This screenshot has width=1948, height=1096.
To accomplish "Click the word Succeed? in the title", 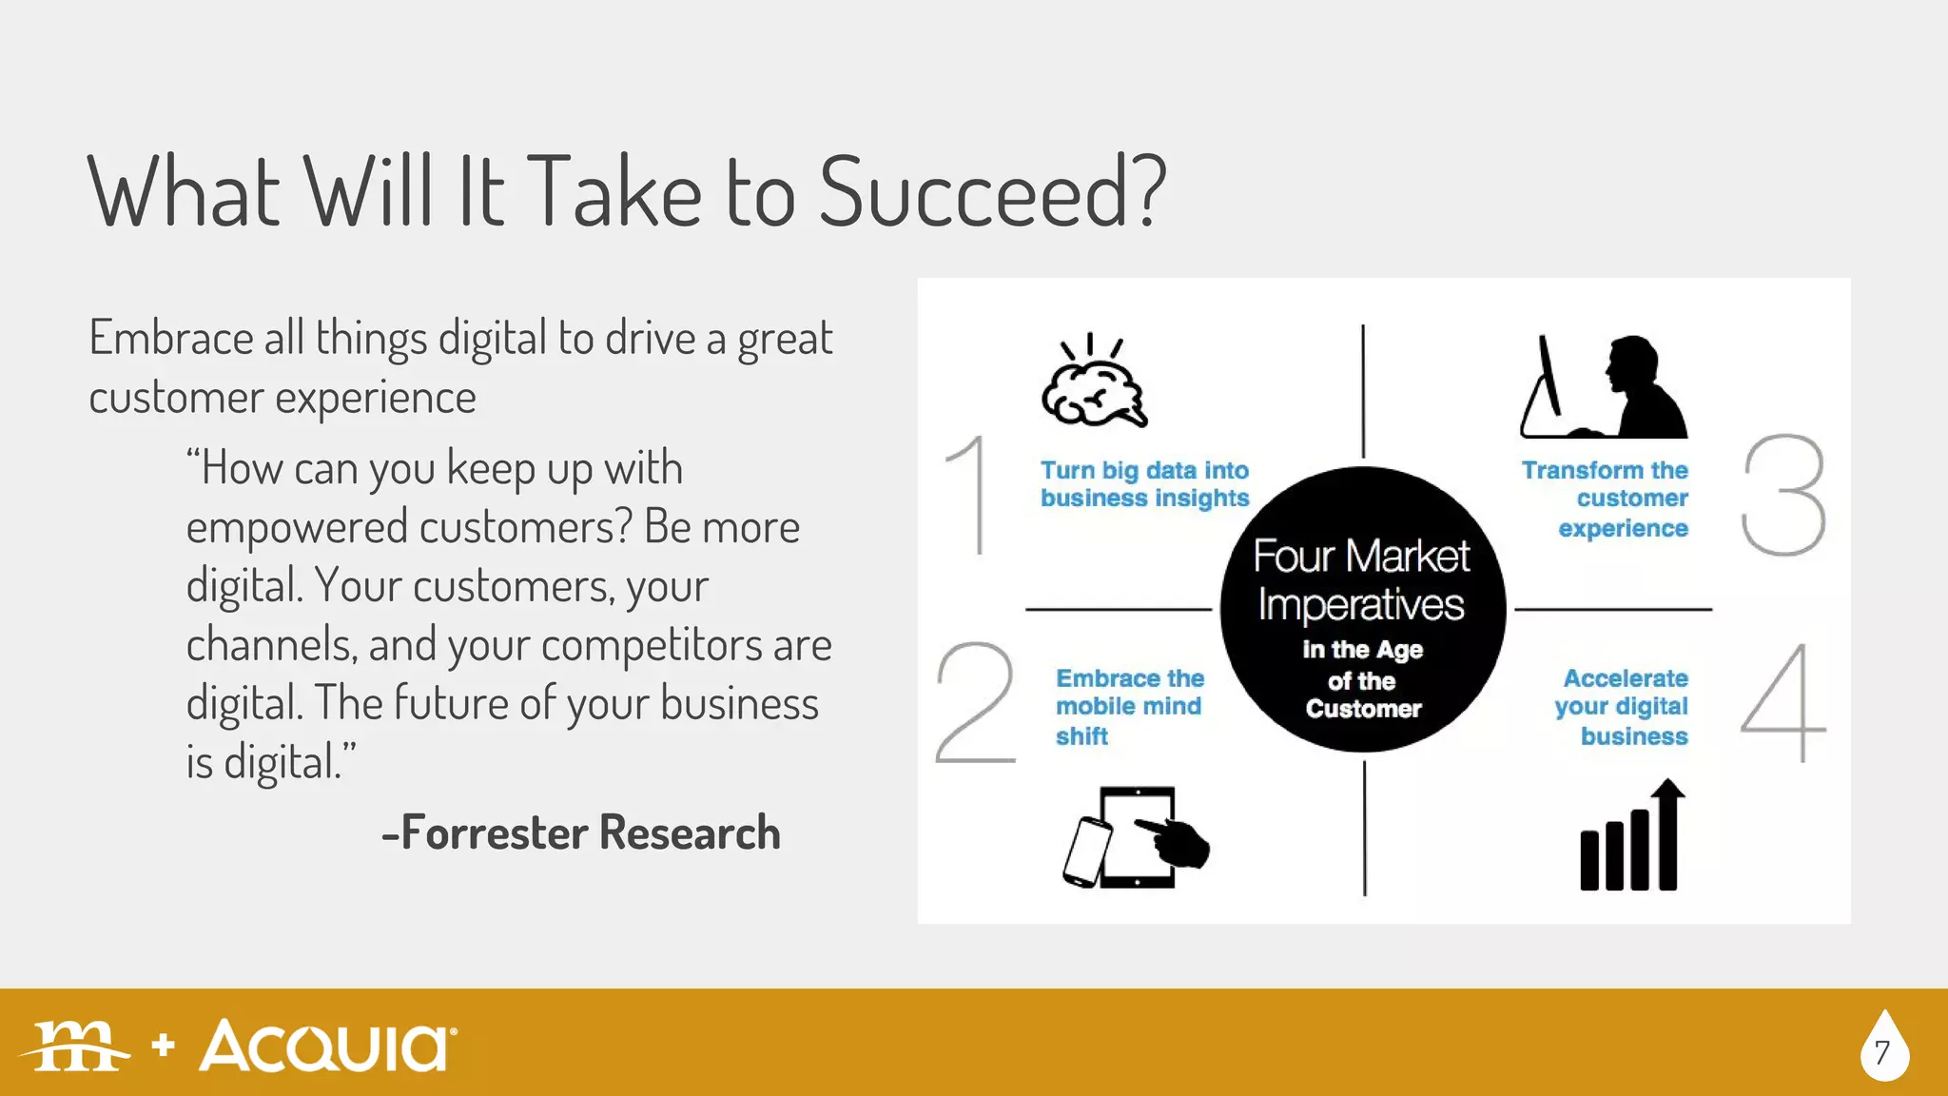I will [x=992, y=192].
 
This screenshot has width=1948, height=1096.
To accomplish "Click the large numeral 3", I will [x=1783, y=495].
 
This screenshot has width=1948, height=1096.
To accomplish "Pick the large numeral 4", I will [x=1783, y=703].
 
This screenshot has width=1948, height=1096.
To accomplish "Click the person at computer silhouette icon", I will [x=1606, y=387].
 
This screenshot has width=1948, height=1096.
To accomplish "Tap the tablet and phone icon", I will [x=1135, y=838].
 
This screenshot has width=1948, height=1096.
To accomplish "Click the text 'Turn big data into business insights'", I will [x=1144, y=484].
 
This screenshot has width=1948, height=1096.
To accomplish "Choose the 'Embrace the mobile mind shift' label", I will [x=1129, y=707].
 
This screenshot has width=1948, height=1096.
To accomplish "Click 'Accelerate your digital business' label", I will [x=1622, y=707].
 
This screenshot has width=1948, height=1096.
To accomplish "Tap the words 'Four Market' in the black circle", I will [x=1361, y=557].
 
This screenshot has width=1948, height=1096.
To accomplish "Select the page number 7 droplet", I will [x=1883, y=1048].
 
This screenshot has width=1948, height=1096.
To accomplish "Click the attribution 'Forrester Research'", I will [x=581, y=833].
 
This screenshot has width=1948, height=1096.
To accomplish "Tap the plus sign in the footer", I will [x=164, y=1045].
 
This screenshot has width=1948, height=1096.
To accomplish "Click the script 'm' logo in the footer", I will [x=76, y=1047].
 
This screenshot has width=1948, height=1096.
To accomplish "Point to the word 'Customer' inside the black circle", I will [x=1363, y=709].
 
